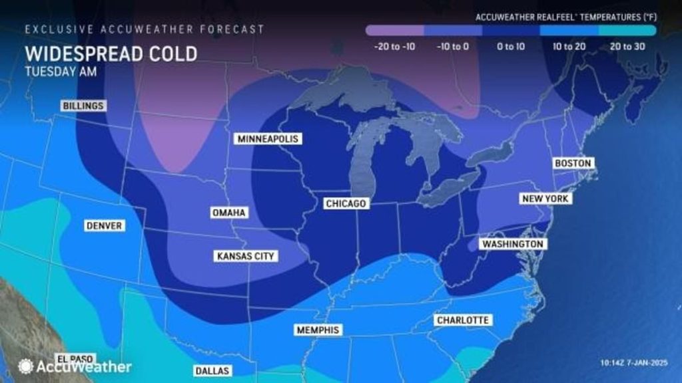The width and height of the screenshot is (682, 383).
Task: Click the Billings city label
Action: tap(83, 106)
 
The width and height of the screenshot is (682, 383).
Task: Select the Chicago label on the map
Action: tap(345, 203)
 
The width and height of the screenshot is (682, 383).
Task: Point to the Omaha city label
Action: tap(229, 213)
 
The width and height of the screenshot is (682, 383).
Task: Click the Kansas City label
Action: tap(246, 255)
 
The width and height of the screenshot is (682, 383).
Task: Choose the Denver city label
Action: tap(104, 226)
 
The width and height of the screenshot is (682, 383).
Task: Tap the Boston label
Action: tap(572, 164)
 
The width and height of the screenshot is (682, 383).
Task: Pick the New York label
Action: tap(545, 199)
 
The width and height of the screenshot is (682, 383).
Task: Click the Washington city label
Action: tap(513, 244)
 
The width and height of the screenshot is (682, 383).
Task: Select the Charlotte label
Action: tap(462, 320)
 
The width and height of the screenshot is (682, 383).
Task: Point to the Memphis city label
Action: tap(317, 330)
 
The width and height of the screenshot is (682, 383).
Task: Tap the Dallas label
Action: tap(211, 370)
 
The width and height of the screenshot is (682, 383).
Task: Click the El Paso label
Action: tap(71, 358)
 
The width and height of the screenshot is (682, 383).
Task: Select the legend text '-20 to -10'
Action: tap(394, 47)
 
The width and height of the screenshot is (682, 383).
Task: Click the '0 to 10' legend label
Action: tap(511, 47)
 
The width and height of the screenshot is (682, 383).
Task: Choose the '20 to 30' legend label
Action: tap(627, 47)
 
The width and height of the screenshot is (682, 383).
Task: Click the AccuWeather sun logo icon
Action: tap(26, 366)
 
